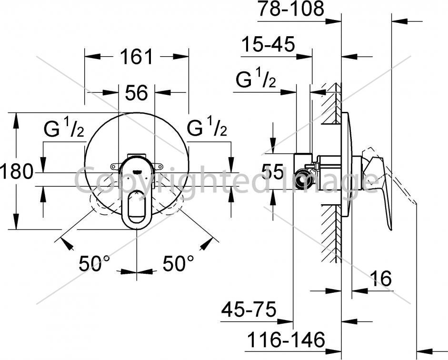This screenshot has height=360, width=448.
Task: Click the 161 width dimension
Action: click(136, 57)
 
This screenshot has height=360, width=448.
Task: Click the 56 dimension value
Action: click(137, 92)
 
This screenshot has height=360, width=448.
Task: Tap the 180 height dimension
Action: click(16, 171)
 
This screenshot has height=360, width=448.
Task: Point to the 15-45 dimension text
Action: click(268, 45)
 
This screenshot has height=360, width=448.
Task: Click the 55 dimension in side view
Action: click(273, 172)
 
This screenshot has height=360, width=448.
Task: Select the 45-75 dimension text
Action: click(249, 309)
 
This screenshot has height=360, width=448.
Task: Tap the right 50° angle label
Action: click(178, 263)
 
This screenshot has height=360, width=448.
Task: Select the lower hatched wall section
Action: click(331, 233)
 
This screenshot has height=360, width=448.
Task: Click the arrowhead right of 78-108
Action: click(334, 21)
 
